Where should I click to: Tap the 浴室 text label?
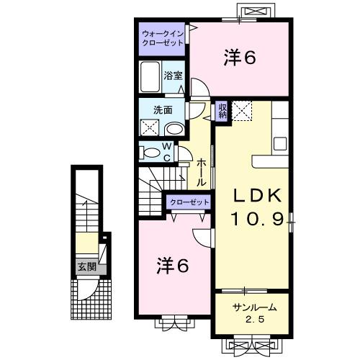pyautogui.click(x=171, y=75)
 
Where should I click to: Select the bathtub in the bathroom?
pyautogui.click(x=150, y=76)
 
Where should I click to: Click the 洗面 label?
pyautogui.click(x=162, y=110)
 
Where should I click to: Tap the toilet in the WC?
pyautogui.click(x=151, y=152)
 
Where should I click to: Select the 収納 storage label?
pyautogui.click(x=222, y=110)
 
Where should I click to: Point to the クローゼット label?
pyautogui.click(x=189, y=202)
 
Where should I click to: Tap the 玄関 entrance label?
pyautogui.click(x=86, y=266)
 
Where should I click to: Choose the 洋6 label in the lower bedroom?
pyautogui.click(x=173, y=266)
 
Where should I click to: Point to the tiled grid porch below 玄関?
pyautogui.click(x=91, y=299)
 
